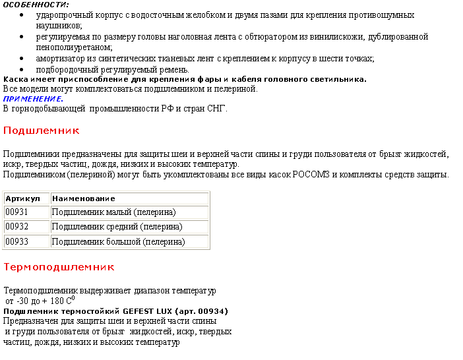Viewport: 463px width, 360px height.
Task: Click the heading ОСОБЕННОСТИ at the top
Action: point(36,5)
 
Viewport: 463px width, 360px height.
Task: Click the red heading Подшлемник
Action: point(42,131)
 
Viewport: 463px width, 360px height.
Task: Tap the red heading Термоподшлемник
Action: point(59,267)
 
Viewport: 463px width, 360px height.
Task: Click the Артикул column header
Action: point(26,198)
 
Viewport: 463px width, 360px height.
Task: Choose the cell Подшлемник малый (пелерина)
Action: point(113,212)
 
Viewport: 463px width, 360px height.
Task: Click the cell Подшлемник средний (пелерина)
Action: point(117,227)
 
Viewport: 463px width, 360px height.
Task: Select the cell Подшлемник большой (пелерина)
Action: point(118,242)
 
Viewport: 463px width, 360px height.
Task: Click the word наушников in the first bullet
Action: point(59,25)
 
